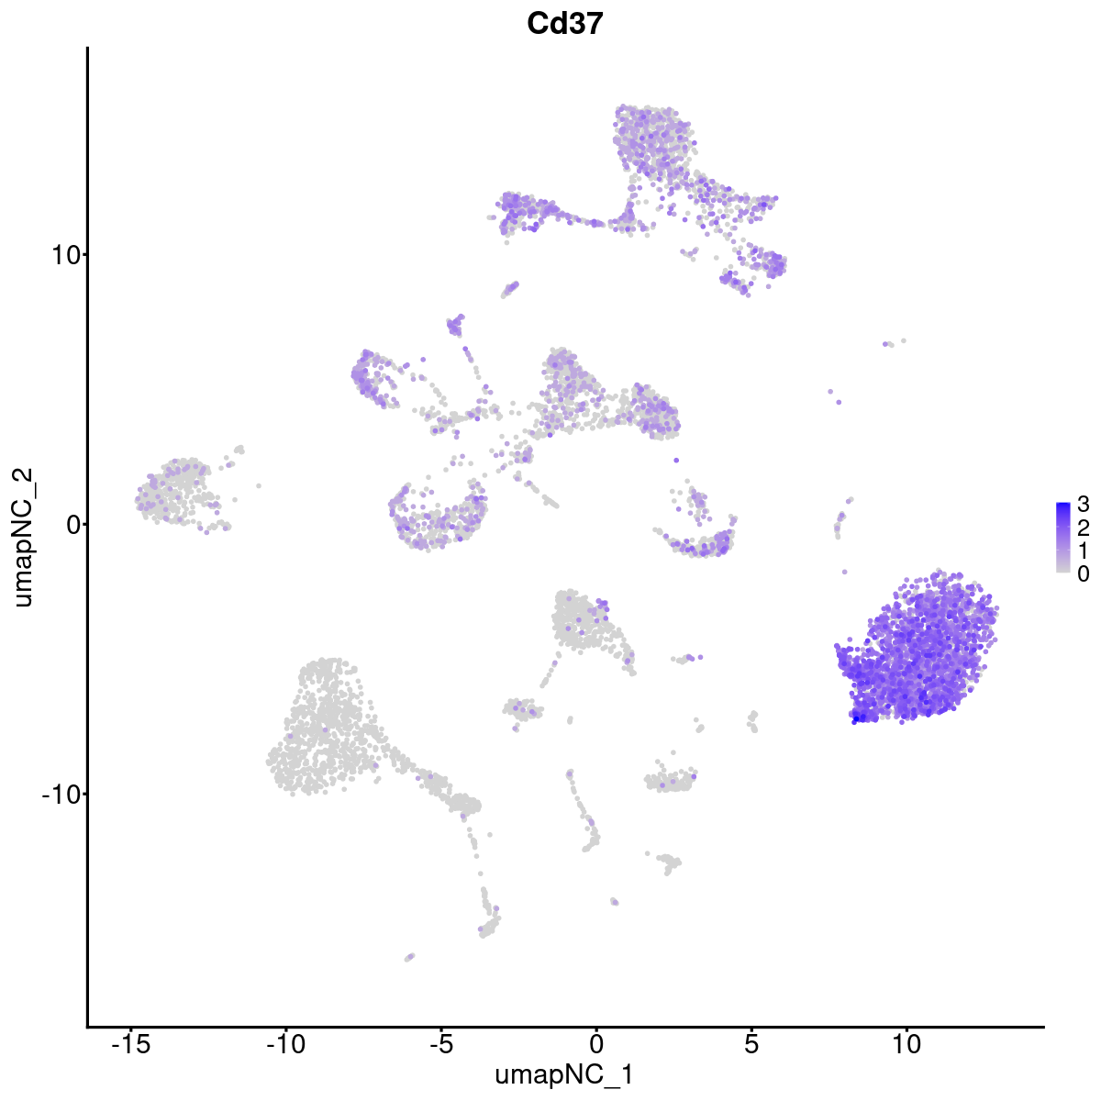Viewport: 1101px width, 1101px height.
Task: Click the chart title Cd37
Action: click(565, 24)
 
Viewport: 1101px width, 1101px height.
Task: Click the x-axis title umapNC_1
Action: click(565, 1074)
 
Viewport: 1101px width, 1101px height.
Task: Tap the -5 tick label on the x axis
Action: click(440, 1045)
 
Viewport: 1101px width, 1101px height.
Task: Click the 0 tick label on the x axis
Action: click(595, 1045)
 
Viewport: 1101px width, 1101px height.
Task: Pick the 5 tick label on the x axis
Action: click(751, 1045)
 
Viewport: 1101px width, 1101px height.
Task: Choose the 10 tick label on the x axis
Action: click(906, 1045)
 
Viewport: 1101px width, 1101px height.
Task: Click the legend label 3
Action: click(1084, 504)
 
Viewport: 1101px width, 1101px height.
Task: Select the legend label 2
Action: click(1084, 527)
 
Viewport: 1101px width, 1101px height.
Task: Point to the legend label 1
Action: click(1084, 550)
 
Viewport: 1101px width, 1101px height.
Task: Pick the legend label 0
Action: click(1084, 573)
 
